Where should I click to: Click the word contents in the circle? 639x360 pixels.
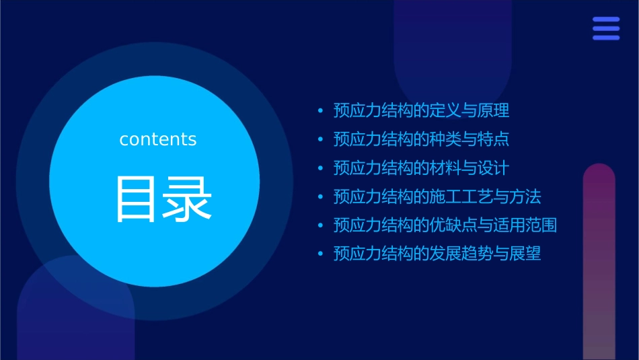coord(158,139)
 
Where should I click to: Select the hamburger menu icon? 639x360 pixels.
coord(606,29)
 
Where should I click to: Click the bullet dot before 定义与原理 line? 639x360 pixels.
coord(320,111)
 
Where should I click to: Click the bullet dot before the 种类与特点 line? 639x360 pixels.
coord(320,140)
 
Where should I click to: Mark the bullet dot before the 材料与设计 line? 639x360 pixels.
coord(320,168)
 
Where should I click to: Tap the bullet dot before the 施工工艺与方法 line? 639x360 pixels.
coord(320,197)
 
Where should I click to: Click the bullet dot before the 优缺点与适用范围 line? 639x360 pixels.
coord(320,225)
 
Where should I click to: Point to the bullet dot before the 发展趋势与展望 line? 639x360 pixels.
coord(320,254)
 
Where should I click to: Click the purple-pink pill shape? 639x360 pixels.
coord(599,262)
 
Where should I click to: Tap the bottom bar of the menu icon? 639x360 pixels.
coord(606,38)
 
